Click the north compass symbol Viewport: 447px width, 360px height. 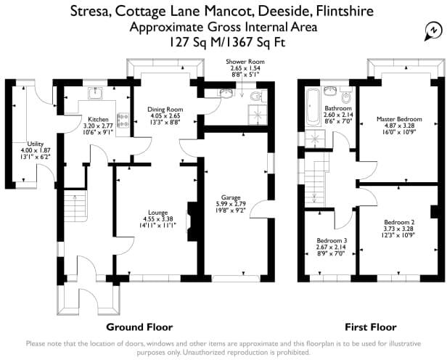[x=433, y=30]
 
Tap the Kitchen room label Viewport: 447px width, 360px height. [x=98, y=119]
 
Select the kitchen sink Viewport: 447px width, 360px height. [x=96, y=93]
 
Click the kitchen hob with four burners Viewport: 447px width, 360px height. [x=123, y=120]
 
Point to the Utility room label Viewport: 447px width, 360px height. [x=36, y=144]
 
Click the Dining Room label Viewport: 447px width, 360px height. [x=165, y=110]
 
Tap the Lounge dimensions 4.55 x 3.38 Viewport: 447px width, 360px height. [x=158, y=219]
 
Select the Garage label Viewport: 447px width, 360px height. [x=231, y=197]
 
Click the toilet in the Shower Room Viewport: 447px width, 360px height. [x=256, y=97]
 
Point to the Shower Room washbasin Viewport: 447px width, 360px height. [x=226, y=92]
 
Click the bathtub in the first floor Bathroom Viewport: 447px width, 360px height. [x=313, y=107]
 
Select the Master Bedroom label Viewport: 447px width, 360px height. [x=399, y=119]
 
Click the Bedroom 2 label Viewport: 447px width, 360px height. [x=399, y=222]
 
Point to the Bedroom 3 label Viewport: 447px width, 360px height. [x=332, y=240]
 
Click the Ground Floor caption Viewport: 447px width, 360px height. [x=139, y=327]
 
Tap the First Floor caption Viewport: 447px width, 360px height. [x=371, y=327]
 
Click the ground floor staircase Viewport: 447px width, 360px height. [x=75, y=206]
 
